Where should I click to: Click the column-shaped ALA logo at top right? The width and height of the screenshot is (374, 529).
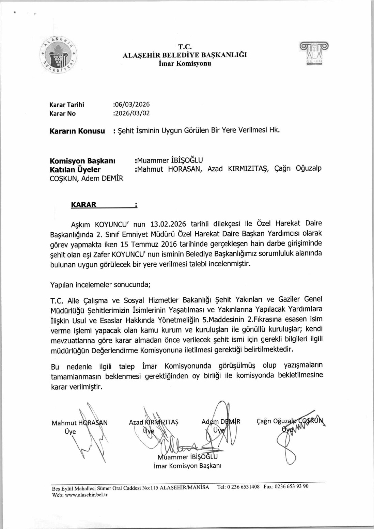pyautogui.click(x=314, y=54)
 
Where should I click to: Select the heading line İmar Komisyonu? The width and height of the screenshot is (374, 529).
pyautogui.click(x=185, y=63)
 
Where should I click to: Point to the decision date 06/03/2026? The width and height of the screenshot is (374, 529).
pyautogui.click(x=132, y=104)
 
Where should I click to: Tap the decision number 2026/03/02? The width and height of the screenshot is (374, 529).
pyautogui.click(x=132, y=113)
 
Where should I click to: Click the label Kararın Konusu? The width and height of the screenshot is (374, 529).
pyautogui.click(x=77, y=131)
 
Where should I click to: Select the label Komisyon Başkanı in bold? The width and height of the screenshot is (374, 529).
pyautogui.click(x=82, y=160)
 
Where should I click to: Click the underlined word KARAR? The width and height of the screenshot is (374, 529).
pyautogui.click(x=84, y=205)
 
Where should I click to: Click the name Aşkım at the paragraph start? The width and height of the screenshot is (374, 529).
pyautogui.click(x=80, y=224)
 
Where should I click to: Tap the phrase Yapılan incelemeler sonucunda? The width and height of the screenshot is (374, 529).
pyautogui.click(x=100, y=284)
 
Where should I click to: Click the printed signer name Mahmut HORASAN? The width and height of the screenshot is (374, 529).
pyautogui.click(x=79, y=423)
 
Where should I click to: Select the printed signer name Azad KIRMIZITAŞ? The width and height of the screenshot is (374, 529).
pyautogui.click(x=154, y=422)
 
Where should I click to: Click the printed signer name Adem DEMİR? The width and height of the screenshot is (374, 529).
pyautogui.click(x=221, y=421)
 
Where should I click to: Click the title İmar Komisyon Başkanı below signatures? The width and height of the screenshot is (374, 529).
pyautogui.click(x=187, y=466)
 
